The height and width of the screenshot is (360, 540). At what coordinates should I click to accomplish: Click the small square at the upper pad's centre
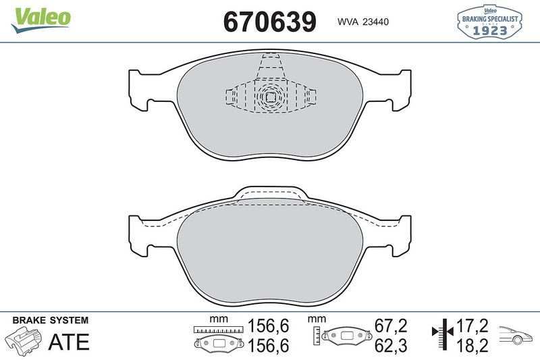click(x=269, y=97)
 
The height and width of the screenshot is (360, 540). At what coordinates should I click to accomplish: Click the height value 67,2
click(x=391, y=326)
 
